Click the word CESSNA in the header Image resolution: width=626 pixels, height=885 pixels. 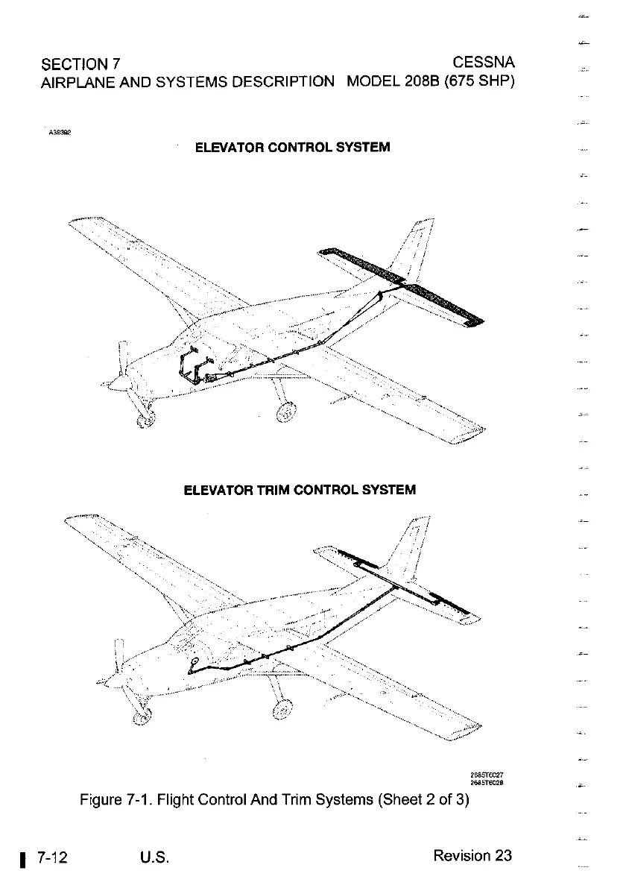point(483,60)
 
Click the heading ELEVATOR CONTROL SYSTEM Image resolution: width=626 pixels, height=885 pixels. point(292,147)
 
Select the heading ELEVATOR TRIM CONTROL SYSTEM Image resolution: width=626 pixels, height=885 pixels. point(300,490)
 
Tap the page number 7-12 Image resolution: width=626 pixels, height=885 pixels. point(51,856)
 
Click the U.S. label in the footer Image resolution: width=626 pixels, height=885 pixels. point(155,856)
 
